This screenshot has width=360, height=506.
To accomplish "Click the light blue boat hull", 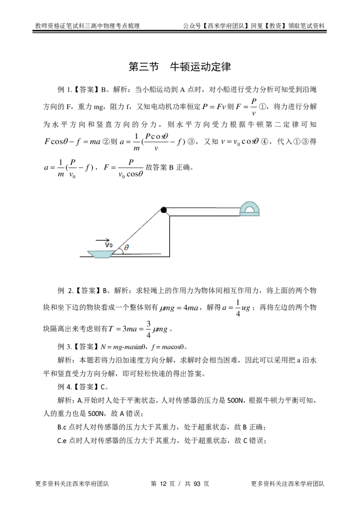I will [x=99, y=254].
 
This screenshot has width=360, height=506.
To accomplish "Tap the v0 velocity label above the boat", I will [x=108, y=245].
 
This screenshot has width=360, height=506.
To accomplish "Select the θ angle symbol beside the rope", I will [x=126, y=248].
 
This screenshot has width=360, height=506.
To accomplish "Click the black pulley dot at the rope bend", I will [x=164, y=209].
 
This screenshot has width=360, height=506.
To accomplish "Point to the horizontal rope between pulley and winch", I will [x=202, y=207].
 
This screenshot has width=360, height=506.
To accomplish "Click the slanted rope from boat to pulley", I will [x=142, y=230].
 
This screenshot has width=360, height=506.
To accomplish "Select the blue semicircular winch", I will [x=250, y=210].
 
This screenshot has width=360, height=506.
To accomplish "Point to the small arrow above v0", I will [x=107, y=239].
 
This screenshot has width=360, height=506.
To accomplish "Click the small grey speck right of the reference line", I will [x=171, y=258].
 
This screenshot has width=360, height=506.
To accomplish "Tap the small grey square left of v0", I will [x=95, y=239].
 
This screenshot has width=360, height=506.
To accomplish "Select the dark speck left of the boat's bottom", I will [x=81, y=258].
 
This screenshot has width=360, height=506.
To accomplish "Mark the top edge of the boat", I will [x=99, y=250].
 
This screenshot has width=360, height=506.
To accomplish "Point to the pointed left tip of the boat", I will [x=87, y=250].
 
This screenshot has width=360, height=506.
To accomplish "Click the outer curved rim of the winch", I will [x=243, y=203].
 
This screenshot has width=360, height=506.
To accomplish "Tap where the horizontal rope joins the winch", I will [x=240, y=208].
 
